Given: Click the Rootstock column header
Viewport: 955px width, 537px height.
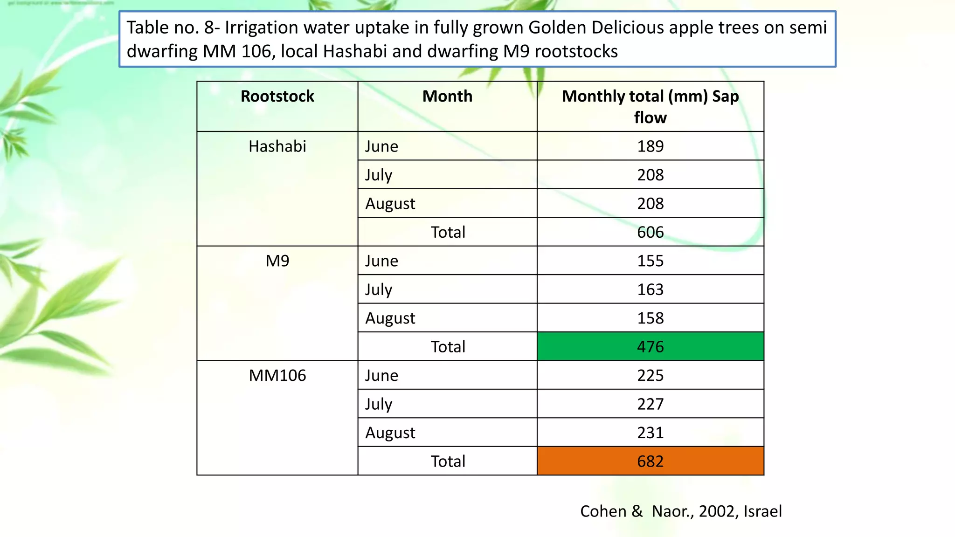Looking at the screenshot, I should tap(277, 96).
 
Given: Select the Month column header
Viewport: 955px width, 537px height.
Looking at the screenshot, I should tap(447, 96).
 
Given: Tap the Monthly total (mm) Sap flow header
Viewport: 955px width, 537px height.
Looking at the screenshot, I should tap(650, 106).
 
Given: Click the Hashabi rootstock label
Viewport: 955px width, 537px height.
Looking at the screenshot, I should tap(277, 146).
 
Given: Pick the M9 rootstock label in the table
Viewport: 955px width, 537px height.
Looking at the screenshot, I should tap(277, 261).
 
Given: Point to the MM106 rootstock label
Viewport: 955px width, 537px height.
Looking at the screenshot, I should tap(277, 376).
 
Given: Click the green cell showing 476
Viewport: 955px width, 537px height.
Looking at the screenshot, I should tap(650, 347).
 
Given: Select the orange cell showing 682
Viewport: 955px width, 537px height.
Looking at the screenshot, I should tap(650, 461).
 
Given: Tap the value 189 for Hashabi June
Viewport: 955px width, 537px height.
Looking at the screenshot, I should tap(650, 146).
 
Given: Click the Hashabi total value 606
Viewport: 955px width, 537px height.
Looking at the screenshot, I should tap(650, 232).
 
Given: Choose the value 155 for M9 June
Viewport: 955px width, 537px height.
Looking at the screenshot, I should tap(650, 261).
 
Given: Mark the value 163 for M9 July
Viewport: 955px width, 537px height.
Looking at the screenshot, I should tap(650, 289).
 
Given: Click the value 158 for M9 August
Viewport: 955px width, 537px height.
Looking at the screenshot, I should tap(650, 318).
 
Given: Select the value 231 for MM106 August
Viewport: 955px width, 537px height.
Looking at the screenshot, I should tap(650, 433).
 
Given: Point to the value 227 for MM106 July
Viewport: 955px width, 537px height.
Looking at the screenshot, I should tap(650, 404).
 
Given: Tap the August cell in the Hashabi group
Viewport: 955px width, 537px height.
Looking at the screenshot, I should tap(390, 204).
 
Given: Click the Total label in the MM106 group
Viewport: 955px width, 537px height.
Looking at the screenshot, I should tap(448, 461).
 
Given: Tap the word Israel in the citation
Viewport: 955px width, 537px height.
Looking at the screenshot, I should tap(762, 511).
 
